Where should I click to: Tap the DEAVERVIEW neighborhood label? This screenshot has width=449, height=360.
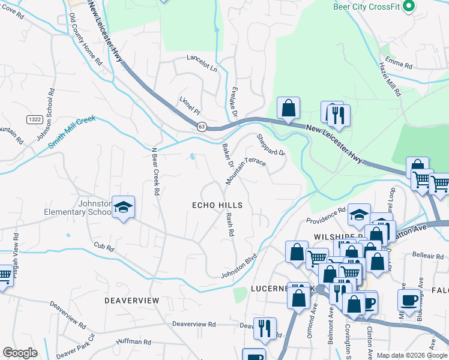(131, 299)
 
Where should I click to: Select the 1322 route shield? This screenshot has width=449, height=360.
(34, 120)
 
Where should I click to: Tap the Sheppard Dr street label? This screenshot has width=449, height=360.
(271, 145)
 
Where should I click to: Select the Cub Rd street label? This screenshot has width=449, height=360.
(103, 246)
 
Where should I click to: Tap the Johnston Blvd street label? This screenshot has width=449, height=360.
(239, 266)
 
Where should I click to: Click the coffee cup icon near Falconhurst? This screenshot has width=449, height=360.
(409, 300)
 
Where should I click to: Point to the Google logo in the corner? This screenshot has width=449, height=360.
(20, 353)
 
